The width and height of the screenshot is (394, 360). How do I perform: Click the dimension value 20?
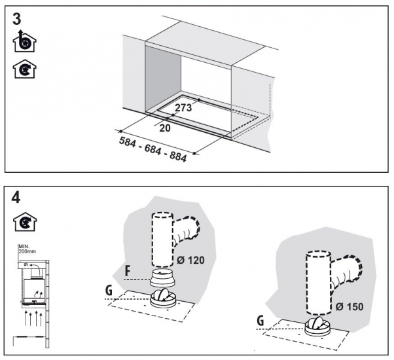click(x=164, y=128)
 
